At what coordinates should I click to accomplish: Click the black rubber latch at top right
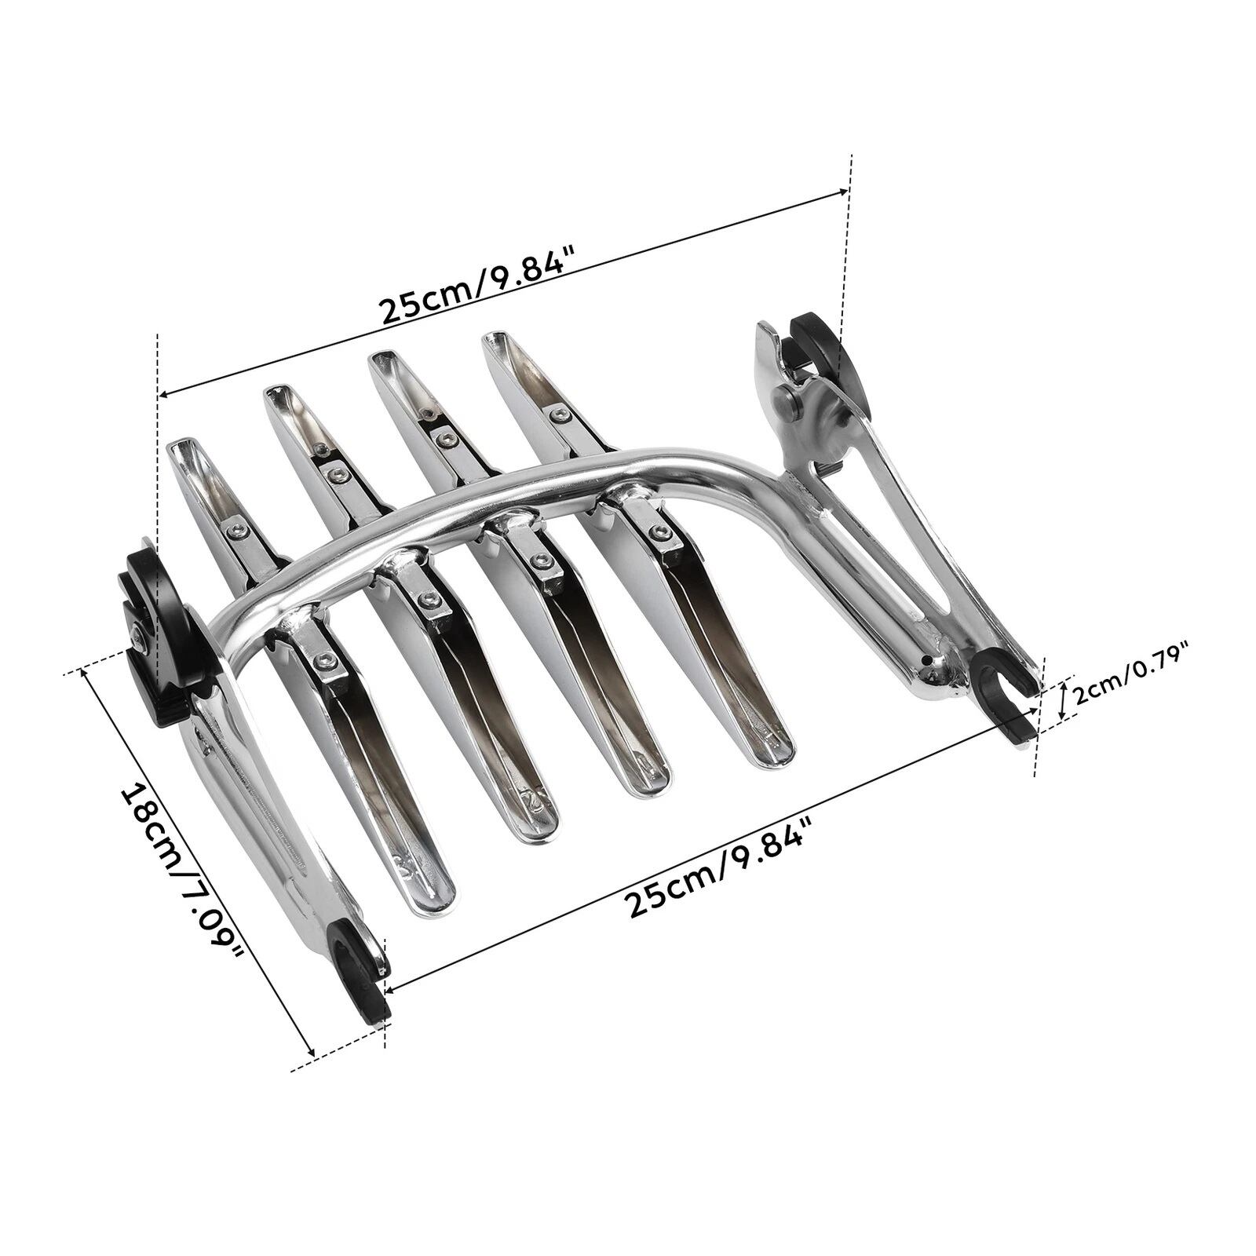pos(820,353)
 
